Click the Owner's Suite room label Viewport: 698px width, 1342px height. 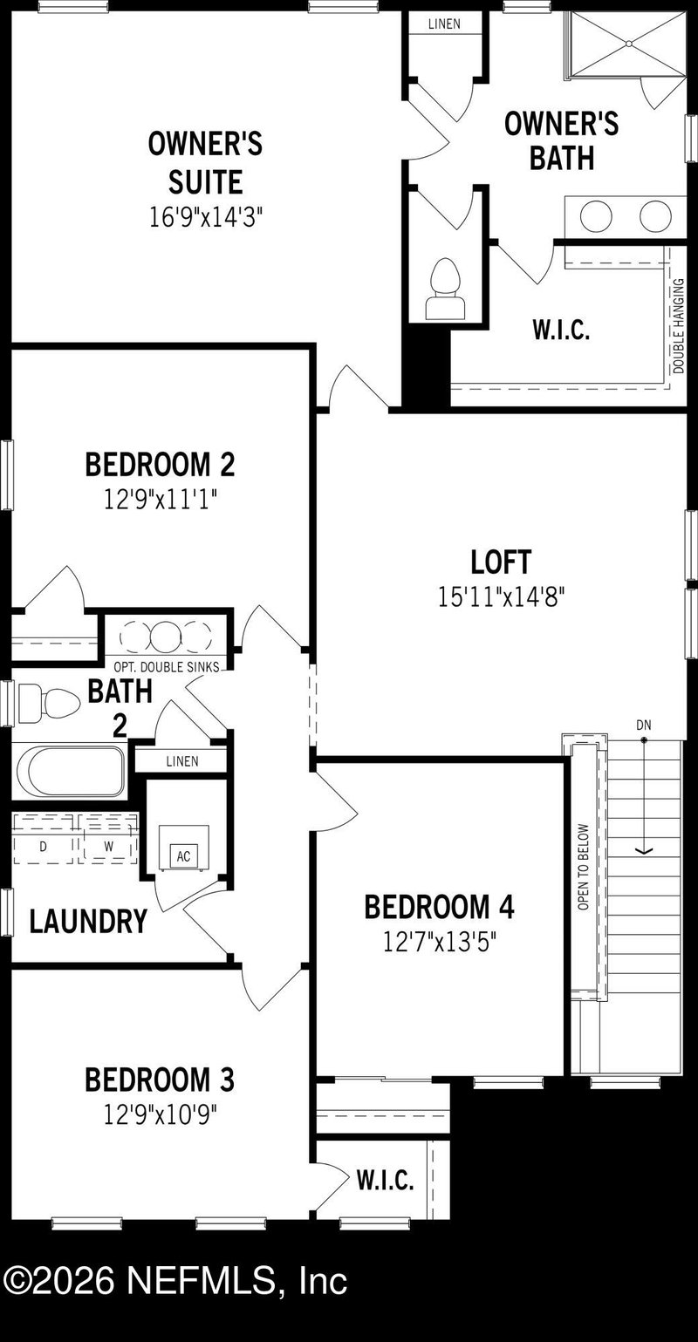click(x=205, y=162)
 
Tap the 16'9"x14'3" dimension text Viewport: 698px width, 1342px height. click(x=205, y=216)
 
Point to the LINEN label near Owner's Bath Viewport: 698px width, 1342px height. click(x=444, y=24)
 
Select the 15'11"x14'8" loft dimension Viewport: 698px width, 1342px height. click(x=501, y=597)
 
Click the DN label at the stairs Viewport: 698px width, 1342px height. click(x=644, y=725)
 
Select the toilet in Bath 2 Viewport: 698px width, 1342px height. click(x=47, y=699)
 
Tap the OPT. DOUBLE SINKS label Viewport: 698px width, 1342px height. click(x=166, y=667)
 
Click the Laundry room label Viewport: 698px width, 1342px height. click(x=87, y=922)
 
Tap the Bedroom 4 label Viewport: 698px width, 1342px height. click(x=439, y=907)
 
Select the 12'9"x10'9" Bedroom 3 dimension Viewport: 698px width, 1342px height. click(x=160, y=1114)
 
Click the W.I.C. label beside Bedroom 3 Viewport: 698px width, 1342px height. click(x=385, y=1181)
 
